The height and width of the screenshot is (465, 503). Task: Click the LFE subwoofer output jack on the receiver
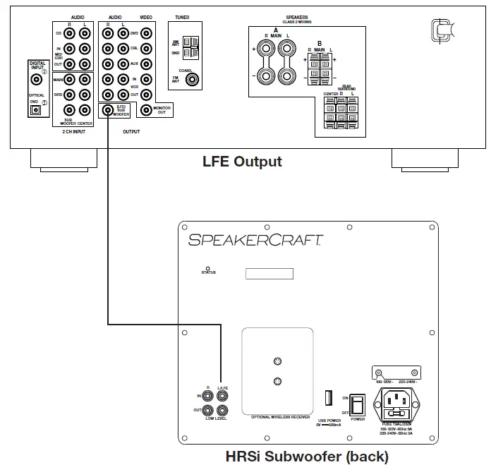click(x=107, y=109)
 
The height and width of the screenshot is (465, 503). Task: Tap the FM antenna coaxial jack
click(x=191, y=79)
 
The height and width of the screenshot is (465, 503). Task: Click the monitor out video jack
click(x=146, y=109)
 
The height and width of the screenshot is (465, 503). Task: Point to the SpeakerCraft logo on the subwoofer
click(x=255, y=240)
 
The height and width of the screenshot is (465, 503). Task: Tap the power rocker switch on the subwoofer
click(x=358, y=404)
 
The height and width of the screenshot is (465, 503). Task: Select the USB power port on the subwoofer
click(x=328, y=397)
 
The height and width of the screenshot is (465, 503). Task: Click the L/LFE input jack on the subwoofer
click(x=222, y=396)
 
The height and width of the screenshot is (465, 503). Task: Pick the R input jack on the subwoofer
click(x=207, y=396)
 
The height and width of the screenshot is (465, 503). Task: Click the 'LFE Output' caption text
click(x=242, y=162)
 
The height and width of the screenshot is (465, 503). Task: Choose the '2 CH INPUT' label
click(x=73, y=131)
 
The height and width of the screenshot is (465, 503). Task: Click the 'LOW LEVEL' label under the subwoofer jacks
click(x=215, y=419)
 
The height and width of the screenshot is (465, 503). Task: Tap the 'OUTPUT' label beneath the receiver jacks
click(x=131, y=131)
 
